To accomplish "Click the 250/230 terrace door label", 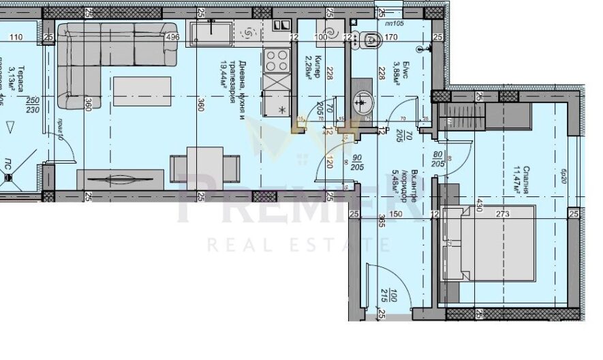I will tap(31, 107).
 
